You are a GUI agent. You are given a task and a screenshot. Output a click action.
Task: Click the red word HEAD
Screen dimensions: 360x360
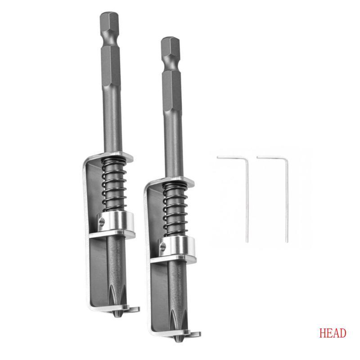[333, 333]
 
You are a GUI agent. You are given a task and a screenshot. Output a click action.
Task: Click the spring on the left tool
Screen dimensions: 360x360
[114, 185]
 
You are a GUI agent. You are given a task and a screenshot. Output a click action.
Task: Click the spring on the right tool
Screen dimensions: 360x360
[175, 210]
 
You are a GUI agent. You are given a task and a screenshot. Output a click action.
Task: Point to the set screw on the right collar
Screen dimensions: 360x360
[163, 247]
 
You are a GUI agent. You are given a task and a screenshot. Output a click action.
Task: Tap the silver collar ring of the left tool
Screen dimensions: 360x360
[116, 221]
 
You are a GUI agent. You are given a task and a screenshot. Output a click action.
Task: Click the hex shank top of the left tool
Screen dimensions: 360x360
[109, 20]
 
